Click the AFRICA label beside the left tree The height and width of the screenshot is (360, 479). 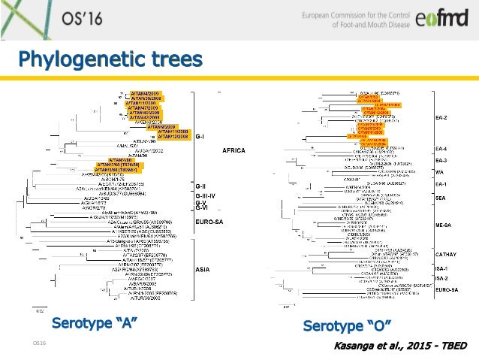pos(233,150)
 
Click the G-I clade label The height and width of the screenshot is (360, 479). pos(202,136)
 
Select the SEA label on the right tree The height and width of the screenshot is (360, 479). pos(441,198)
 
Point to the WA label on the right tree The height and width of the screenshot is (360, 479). pos(439,172)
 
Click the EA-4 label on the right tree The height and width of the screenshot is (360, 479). pos(441,149)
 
